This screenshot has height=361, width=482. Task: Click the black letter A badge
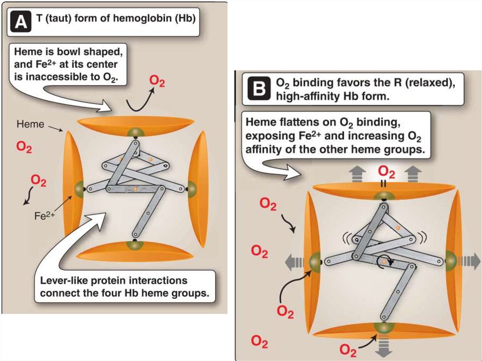coord(21,22)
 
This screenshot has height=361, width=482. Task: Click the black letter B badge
coord(259,89)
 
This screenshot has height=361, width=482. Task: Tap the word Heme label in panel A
coord(31,124)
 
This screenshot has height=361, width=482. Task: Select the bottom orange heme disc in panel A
coord(135,250)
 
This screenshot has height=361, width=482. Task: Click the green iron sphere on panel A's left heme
coord(79,189)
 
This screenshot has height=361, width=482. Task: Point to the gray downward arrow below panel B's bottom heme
coord(384,347)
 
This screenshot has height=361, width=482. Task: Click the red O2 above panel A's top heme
coord(157,81)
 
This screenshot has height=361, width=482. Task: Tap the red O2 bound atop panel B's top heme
coord(386,172)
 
